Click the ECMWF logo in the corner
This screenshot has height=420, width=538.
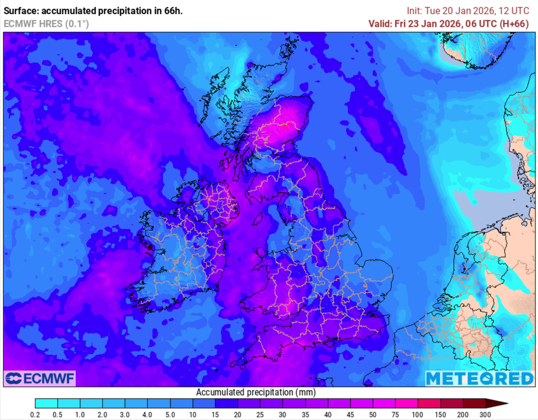point(40,378)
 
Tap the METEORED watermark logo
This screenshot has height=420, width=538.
point(479,378)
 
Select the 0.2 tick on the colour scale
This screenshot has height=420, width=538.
point(35,414)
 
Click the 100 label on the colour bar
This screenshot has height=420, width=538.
point(418,414)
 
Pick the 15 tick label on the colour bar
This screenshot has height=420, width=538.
point(215,414)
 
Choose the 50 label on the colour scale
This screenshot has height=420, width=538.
point(373,414)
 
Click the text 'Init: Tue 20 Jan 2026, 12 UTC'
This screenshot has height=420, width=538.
point(471,10)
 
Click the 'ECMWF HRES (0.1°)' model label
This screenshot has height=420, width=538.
point(46,24)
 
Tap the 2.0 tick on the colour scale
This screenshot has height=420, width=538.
point(103,414)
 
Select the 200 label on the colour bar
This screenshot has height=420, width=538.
point(463,414)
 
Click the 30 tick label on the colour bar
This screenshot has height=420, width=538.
point(283,414)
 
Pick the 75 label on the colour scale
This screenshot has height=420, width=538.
point(396,414)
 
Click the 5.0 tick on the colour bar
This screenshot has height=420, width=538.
point(170,414)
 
